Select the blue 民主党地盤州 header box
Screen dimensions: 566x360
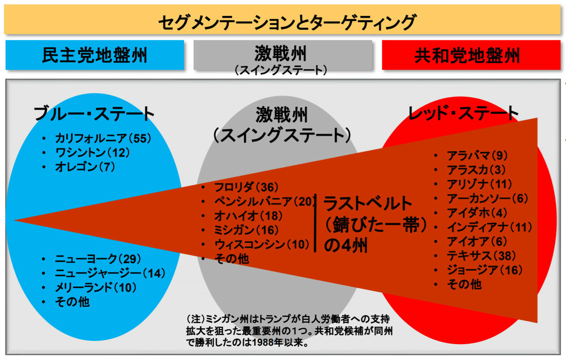[x=95, y=55]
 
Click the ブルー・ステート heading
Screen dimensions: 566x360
[x=95, y=114]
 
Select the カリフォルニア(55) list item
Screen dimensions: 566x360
[x=103, y=138]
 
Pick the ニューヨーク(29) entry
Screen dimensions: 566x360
[x=95, y=258]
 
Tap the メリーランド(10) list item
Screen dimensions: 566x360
[x=96, y=287]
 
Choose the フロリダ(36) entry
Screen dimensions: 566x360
[x=246, y=187]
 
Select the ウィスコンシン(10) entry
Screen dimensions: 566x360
[x=261, y=245]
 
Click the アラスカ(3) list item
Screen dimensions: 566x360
[x=476, y=169]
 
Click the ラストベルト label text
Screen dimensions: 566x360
[x=368, y=203]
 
